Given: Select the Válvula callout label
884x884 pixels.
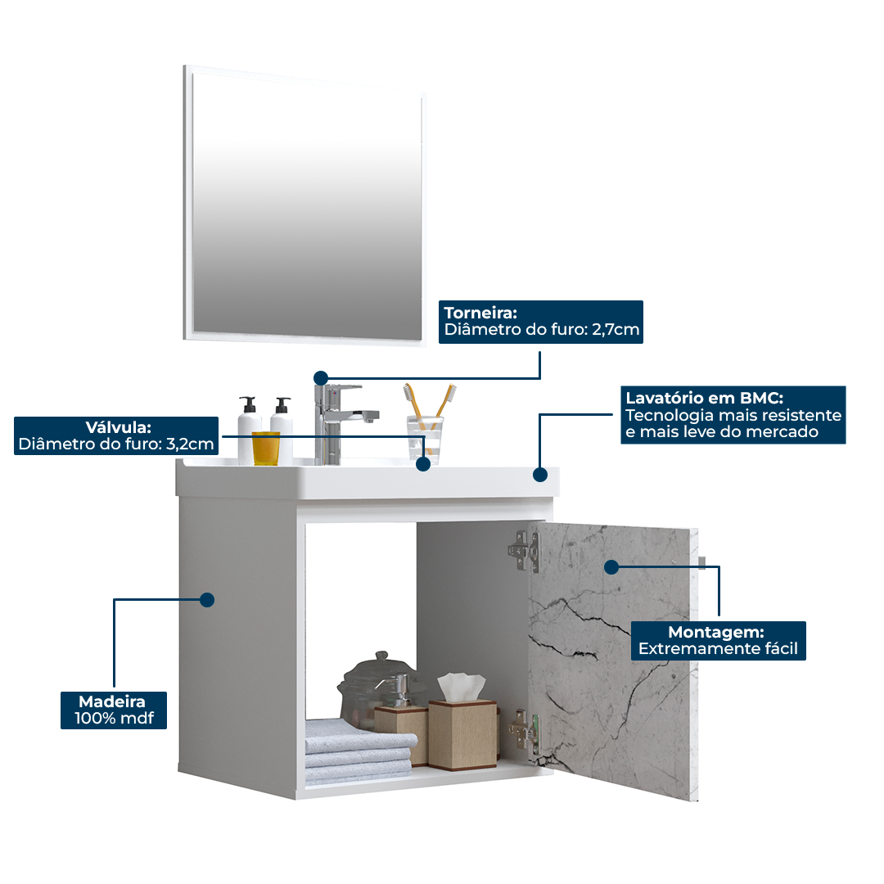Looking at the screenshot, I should click(117, 435).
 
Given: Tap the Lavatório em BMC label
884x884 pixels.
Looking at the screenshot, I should click(733, 415).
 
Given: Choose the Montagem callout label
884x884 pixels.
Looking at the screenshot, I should click(718, 640).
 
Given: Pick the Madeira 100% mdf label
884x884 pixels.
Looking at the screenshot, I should click(113, 710).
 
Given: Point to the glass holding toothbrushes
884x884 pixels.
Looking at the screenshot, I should click(425, 439).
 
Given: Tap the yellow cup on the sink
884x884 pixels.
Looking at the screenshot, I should click(265, 448).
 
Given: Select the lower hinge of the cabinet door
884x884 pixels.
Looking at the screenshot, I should click(524, 731).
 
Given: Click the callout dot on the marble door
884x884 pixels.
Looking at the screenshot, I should click(611, 566).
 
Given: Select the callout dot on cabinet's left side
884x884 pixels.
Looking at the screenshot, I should click(207, 600).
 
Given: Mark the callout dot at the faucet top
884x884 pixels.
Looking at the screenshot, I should click(321, 377).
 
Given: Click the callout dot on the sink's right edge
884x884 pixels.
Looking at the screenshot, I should click(539, 474).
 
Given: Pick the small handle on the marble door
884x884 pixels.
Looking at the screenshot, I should click(703, 561).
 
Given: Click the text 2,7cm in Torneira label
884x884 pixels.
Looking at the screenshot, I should click(616, 331).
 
